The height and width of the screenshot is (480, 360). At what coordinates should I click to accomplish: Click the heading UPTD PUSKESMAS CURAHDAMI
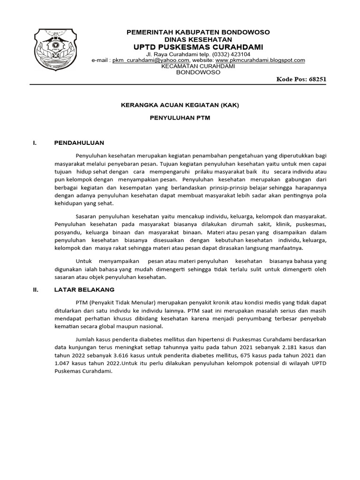198,47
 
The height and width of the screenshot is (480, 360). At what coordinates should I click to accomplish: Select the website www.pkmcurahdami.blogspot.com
260,60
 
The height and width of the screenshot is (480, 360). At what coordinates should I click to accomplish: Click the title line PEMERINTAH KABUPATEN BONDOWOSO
199,31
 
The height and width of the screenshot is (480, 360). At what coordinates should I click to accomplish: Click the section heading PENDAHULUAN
79,142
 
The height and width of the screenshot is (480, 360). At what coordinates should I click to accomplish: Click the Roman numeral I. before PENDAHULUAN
34,142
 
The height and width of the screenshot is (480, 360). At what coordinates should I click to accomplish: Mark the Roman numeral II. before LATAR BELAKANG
35,290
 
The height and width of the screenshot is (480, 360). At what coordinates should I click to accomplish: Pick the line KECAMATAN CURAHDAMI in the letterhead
198,66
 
